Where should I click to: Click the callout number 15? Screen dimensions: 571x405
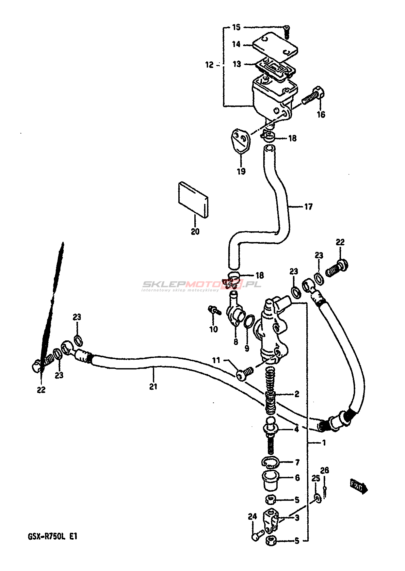(x=236, y=27)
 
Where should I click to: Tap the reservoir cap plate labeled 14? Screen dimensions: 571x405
(x=275, y=46)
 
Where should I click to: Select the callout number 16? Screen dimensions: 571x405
(x=321, y=114)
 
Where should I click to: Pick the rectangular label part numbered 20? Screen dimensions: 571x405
(x=193, y=200)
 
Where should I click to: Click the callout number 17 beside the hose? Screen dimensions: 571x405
(x=308, y=207)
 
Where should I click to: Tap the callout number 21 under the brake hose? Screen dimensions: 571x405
(x=153, y=386)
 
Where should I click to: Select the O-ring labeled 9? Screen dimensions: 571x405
(x=249, y=321)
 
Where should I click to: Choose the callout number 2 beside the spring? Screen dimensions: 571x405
(x=297, y=394)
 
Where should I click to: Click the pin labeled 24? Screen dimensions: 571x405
(x=257, y=535)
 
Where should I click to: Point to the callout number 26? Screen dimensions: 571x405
(x=324, y=470)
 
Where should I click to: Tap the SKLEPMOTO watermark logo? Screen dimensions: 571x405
(x=201, y=285)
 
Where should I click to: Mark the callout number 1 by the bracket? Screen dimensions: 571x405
(x=324, y=443)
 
